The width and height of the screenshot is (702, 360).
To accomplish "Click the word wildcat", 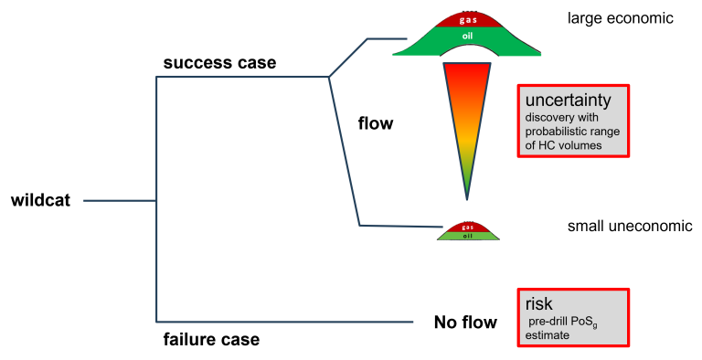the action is [40, 200].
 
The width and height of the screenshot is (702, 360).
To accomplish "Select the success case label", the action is [219, 63].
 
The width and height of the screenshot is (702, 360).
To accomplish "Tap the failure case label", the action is [211, 339].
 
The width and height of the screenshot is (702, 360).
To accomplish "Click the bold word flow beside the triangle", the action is [375, 123].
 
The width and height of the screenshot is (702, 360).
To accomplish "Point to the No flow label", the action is [465, 322].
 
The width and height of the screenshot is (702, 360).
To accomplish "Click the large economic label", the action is [620, 18].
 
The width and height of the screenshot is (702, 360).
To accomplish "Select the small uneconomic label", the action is [630, 226].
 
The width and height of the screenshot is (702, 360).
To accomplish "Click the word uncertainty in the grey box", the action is [569, 101].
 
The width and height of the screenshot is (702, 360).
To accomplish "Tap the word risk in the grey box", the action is [538, 304].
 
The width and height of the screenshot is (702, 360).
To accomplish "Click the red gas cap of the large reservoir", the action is [468, 20].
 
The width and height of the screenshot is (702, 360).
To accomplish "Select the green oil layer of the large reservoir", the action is [467, 40].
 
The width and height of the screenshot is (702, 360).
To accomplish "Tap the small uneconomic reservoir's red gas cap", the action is [468, 228].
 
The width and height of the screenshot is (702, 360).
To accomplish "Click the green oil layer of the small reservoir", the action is [468, 236].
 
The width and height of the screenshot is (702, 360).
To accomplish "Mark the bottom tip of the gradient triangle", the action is [467, 200].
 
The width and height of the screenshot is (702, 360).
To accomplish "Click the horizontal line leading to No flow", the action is [284, 322].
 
